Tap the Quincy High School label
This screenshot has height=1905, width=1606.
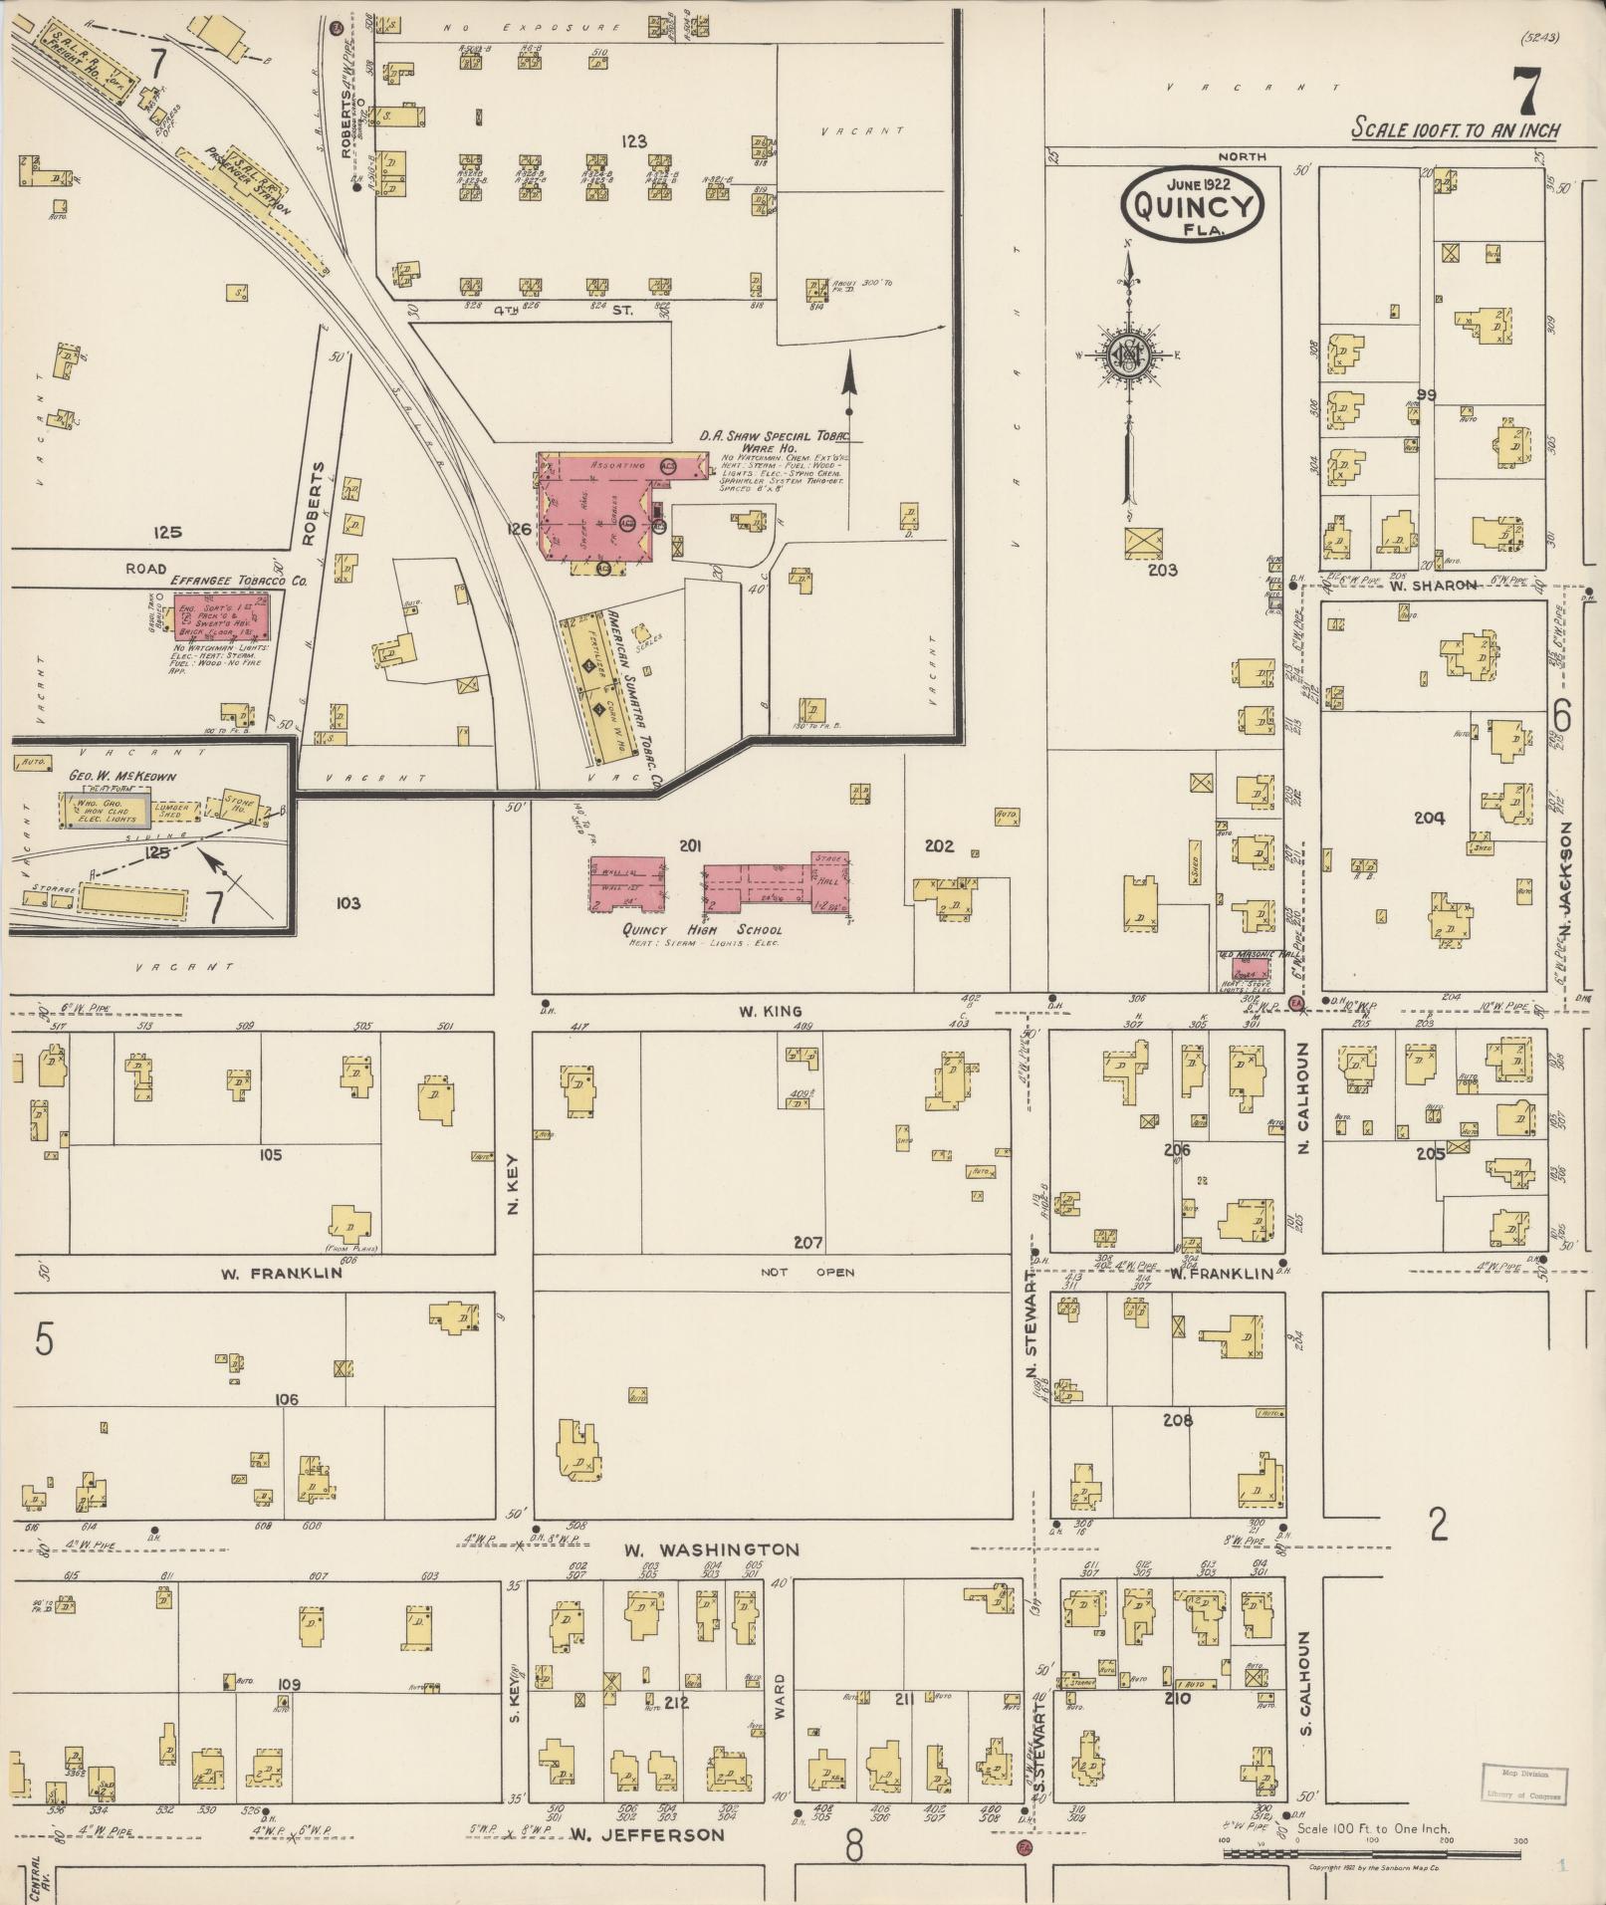(702, 930)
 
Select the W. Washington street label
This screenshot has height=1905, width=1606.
(712, 1550)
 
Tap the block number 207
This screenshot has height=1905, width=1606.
(807, 1243)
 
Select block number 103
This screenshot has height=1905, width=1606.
(347, 904)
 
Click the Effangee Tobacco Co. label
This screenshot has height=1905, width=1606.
(224, 579)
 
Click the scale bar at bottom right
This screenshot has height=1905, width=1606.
(1374, 1853)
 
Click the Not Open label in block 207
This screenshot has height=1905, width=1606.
(807, 1273)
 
